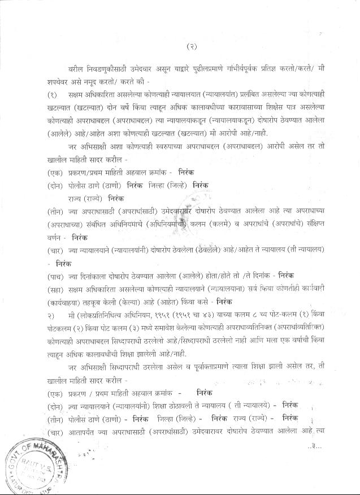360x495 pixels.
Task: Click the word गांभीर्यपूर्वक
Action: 238,67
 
